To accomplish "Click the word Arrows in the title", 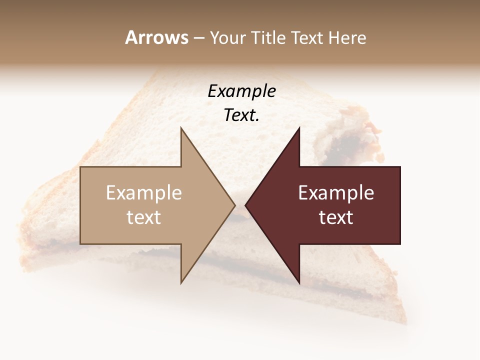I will [156, 37].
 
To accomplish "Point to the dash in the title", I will [198, 38].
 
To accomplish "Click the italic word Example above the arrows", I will [241, 91].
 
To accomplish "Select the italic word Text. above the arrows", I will [241, 115].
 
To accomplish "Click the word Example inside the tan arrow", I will [144, 193].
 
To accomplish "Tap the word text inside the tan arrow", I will [144, 217].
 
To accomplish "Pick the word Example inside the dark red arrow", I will [336, 193].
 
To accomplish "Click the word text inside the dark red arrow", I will [336, 217].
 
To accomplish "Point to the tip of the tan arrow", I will [234, 205].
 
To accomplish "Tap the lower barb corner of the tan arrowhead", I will [181, 282].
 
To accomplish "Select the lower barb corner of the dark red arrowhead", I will [299, 282].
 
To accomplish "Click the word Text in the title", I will [308, 38].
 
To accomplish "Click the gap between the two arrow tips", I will [240, 205].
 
